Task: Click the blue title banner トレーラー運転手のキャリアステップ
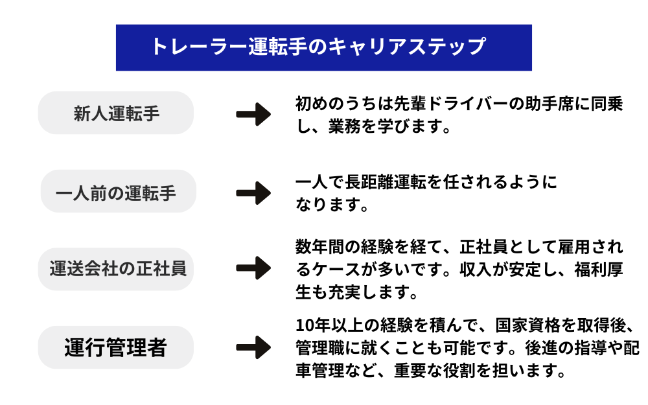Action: pyautogui.click(x=323, y=47)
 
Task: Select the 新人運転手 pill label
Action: pyautogui.click(x=116, y=113)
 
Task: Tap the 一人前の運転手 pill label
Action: pyautogui.click(x=116, y=192)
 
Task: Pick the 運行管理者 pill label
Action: pyautogui.click(x=116, y=347)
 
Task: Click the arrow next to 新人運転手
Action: pyautogui.click(x=253, y=115)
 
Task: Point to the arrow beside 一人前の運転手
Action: pyautogui.click(x=253, y=192)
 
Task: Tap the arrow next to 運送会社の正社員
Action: pyautogui.click(x=253, y=268)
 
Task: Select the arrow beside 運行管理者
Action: pyautogui.click(x=253, y=347)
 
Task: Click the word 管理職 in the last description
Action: pyautogui.click(x=320, y=347)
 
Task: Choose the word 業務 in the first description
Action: pyautogui.click(x=345, y=126)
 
